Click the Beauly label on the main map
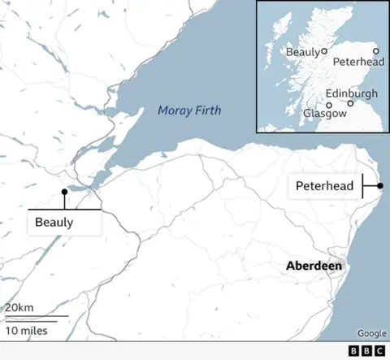[54, 222]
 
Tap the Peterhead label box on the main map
[324, 186]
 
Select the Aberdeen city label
[314, 267]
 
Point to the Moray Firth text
[189, 111]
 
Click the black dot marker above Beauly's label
[64, 193]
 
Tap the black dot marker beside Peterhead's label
[380, 186]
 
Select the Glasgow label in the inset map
[325, 114]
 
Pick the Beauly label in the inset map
[302, 52]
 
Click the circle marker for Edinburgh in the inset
[350, 103]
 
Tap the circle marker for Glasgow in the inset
[329, 105]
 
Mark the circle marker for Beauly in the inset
[324, 51]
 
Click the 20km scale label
[19, 308]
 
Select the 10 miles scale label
[27, 331]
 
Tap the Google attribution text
[371, 333]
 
